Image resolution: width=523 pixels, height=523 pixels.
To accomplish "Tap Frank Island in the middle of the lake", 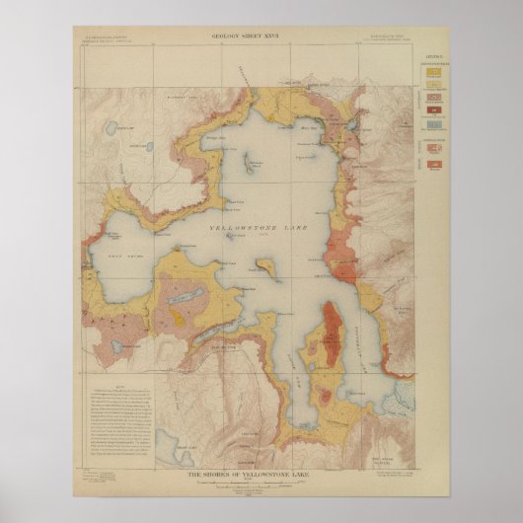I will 264,266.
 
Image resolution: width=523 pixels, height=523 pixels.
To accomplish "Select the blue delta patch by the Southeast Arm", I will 405,395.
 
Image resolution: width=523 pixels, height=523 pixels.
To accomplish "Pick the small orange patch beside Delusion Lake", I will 179,316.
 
